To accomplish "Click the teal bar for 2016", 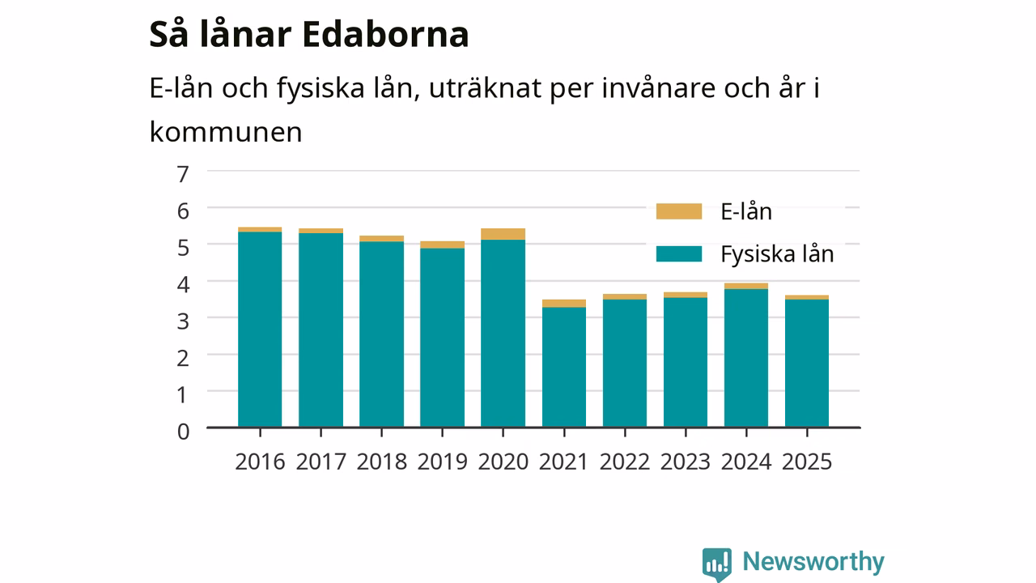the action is click(260, 330).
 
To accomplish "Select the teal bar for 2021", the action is click(564, 367).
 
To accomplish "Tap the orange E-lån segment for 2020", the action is click(503, 234).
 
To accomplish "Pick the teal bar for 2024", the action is click(746, 358).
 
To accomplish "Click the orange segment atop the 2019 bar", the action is click(442, 245).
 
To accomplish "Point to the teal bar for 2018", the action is click(381, 334).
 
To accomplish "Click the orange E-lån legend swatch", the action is click(679, 211).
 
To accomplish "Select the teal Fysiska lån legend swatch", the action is click(679, 254).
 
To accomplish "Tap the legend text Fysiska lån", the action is click(778, 254).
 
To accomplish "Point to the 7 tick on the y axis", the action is click(183, 174).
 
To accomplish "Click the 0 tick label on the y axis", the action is click(183, 432).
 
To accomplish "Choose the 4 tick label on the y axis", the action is click(183, 284).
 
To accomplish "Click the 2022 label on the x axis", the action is click(624, 462).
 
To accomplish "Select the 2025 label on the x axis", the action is click(807, 462).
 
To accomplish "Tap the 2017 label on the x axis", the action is click(321, 462).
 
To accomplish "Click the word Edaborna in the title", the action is click(386, 34).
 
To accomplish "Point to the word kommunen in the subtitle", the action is click(226, 132).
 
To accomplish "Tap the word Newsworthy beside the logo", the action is click(813, 562).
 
